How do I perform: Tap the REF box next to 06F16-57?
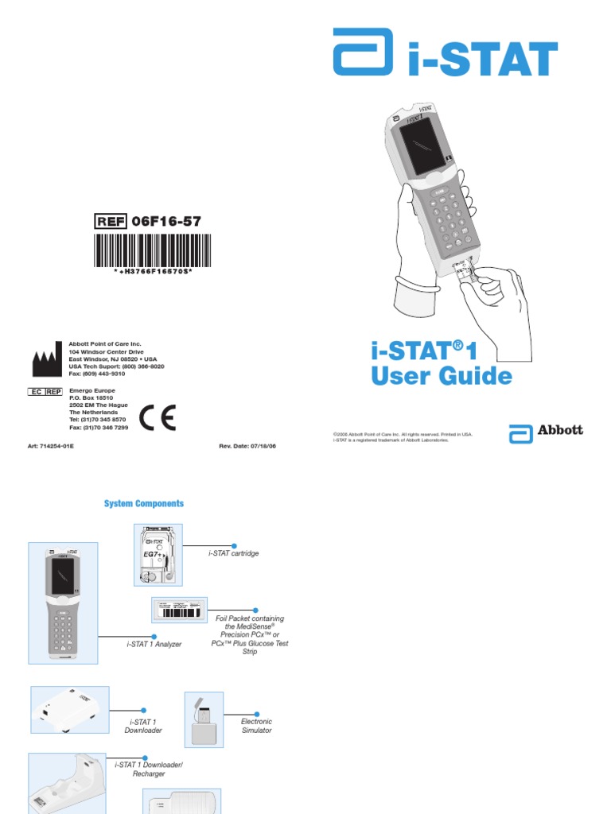click(x=111, y=222)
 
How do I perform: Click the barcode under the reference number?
click(x=153, y=251)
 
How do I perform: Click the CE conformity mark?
click(x=158, y=417)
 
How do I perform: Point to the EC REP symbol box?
click(x=45, y=392)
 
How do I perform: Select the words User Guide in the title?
click(x=442, y=375)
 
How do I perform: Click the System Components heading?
click(x=144, y=504)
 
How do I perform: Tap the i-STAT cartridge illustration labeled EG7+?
click(x=158, y=555)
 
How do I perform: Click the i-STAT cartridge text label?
click(x=234, y=553)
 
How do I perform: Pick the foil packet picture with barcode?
click(x=179, y=610)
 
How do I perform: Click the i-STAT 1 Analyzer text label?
click(x=154, y=644)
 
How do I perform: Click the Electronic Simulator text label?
click(x=256, y=726)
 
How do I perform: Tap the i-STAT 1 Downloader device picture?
click(x=69, y=709)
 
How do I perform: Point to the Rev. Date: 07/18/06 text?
click(x=247, y=447)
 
